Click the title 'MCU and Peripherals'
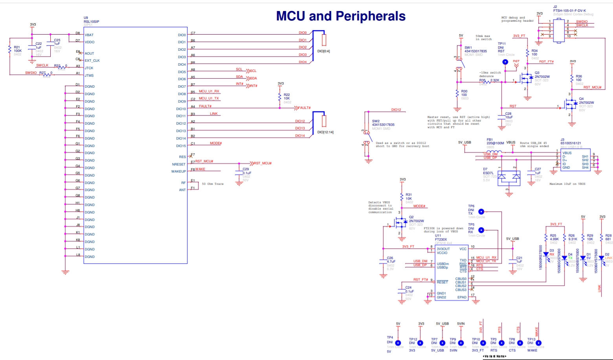(x=341, y=16)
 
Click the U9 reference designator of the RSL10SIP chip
(x=86, y=18)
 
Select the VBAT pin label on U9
(x=89, y=35)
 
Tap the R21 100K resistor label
(x=17, y=49)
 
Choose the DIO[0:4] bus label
(x=323, y=51)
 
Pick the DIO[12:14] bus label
(x=325, y=132)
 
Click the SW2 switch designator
(x=376, y=121)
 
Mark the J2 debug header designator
(x=555, y=7)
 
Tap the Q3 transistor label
(x=537, y=73)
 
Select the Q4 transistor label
(x=581, y=99)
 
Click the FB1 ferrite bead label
(x=490, y=140)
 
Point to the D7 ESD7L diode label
(x=486, y=169)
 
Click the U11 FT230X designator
(x=438, y=236)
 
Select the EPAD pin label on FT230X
(x=462, y=297)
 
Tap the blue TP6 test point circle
(x=481, y=212)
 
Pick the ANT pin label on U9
(x=182, y=190)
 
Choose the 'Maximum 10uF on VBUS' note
(x=567, y=184)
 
